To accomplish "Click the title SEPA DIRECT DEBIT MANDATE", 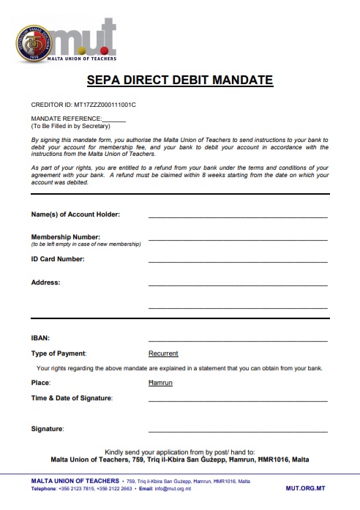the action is coord(179,80).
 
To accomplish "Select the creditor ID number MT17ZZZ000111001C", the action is coord(105,105).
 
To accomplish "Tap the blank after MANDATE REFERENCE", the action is coord(114,118).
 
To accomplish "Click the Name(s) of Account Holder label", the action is coord(75,214).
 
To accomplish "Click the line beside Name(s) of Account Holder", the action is coord(238,217).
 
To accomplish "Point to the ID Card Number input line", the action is coord(238,261).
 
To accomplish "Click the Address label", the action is coord(45,282).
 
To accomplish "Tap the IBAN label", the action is coord(40,338).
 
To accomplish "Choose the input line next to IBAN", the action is coord(238,340).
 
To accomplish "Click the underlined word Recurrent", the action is coord(163,353).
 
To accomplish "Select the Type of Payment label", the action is coord(59,353).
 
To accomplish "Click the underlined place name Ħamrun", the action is coord(160,383).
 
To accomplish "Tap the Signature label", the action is coord(48,428).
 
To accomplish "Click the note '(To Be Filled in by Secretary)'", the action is coord(69,125).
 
